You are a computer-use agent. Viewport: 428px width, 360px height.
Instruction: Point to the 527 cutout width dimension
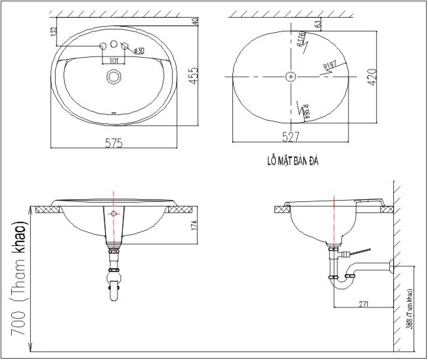click(x=291, y=136)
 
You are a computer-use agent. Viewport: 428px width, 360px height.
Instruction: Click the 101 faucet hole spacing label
click(x=114, y=60)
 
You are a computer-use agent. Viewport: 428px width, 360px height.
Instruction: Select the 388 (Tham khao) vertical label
click(x=409, y=308)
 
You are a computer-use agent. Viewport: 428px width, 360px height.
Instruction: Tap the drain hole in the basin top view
click(x=114, y=77)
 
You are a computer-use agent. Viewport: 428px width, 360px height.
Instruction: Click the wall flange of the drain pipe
click(x=392, y=266)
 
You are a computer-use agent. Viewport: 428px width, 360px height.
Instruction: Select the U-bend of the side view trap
click(x=343, y=283)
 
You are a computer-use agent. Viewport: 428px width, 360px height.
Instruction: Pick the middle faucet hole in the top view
click(x=114, y=45)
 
